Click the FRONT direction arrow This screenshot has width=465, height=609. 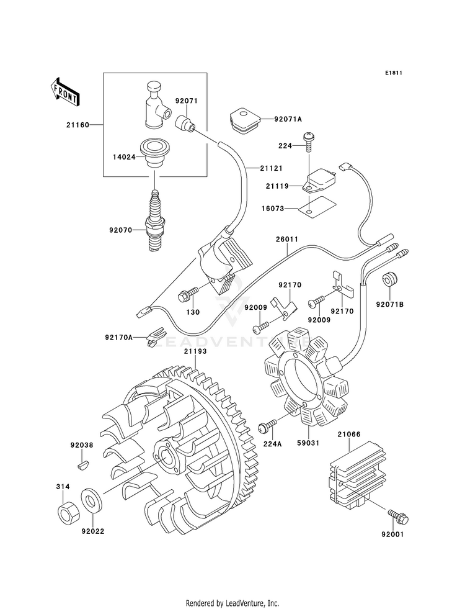tap(65, 92)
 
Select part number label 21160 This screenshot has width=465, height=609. tap(77, 125)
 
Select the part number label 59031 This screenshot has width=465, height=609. tap(308, 443)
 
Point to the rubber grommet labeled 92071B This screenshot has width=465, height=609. tap(389, 279)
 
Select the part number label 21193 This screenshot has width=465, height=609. tap(195, 351)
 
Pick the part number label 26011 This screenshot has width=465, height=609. tap(287, 239)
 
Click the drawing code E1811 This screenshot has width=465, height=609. tap(393, 73)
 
